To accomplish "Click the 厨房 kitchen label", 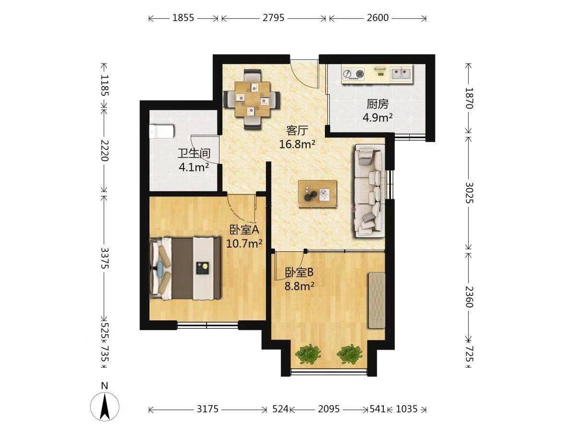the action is (x=377, y=104).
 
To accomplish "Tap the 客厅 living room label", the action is (x=297, y=130).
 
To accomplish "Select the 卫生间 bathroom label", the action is (x=194, y=154).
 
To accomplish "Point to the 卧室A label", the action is (x=244, y=230).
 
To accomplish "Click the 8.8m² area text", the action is (x=299, y=286).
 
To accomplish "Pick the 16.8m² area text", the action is (x=297, y=144).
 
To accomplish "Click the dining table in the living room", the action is (x=252, y=99).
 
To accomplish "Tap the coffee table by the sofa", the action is (x=318, y=194).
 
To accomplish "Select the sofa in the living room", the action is (x=370, y=191).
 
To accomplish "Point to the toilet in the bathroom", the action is (x=161, y=131).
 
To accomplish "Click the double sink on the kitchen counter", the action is (x=401, y=74).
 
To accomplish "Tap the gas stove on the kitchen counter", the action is (x=354, y=74).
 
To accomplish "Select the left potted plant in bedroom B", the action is (x=308, y=354).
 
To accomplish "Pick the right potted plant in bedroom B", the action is (x=350, y=354).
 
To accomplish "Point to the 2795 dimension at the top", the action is (x=274, y=18).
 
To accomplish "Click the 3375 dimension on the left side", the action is (x=104, y=258).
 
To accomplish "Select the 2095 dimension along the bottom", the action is (x=329, y=409).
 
